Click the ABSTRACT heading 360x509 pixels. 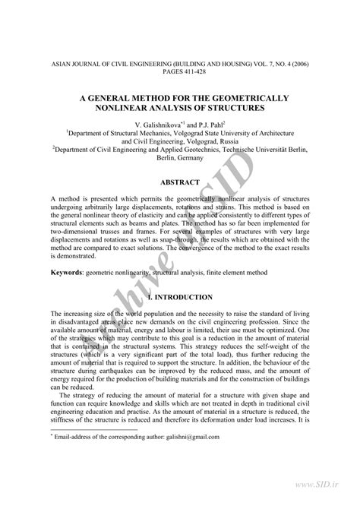click(x=180, y=182)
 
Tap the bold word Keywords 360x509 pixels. click(x=67, y=271)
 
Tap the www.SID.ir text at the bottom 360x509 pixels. click(x=329, y=501)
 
